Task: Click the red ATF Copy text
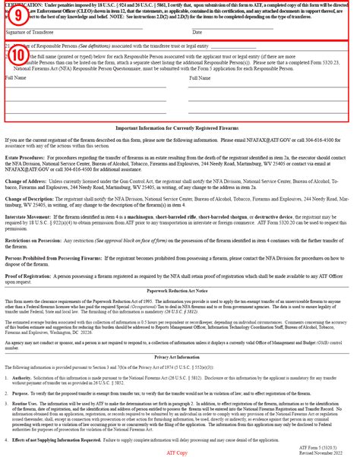179,451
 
